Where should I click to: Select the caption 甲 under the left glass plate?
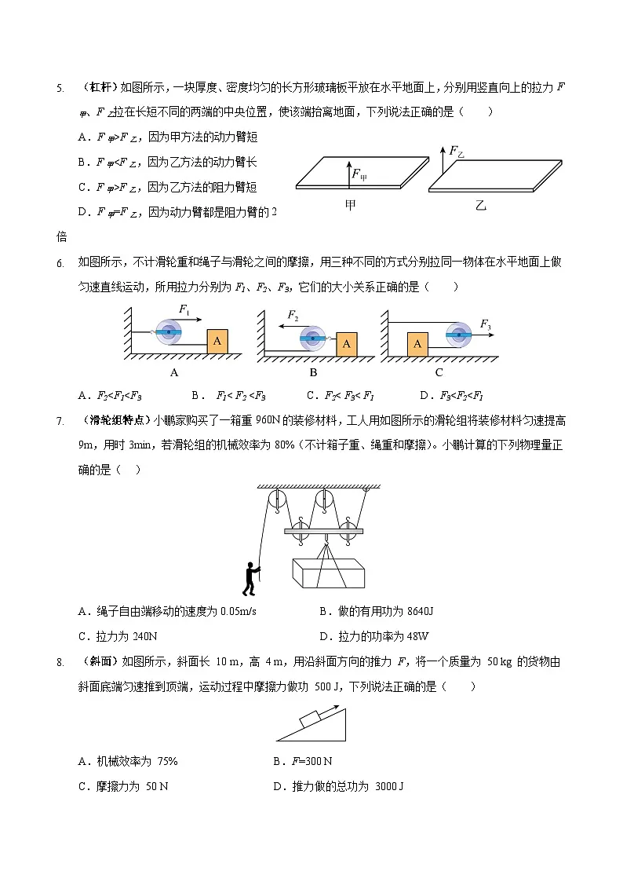[x=351, y=205]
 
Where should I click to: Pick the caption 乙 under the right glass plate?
[x=481, y=205]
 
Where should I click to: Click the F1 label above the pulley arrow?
[x=184, y=309]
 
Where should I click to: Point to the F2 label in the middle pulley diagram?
[x=292, y=316]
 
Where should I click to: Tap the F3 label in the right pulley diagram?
[x=485, y=324]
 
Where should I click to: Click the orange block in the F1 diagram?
[x=217, y=342]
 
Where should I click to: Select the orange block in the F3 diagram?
[x=417, y=343]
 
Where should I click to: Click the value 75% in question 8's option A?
[x=162, y=761]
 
